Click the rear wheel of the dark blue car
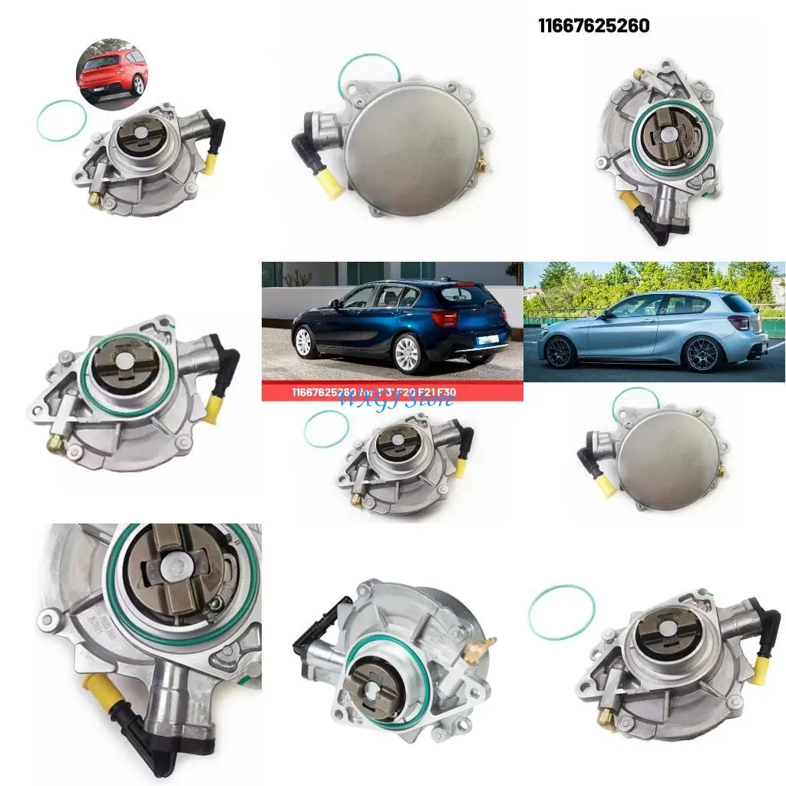pos(408,352)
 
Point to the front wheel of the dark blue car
pos(305,341)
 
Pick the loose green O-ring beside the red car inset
pos(61,121)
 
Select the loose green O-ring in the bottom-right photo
pos(561,612)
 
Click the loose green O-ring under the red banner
pos(326,428)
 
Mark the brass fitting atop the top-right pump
pos(637,74)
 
